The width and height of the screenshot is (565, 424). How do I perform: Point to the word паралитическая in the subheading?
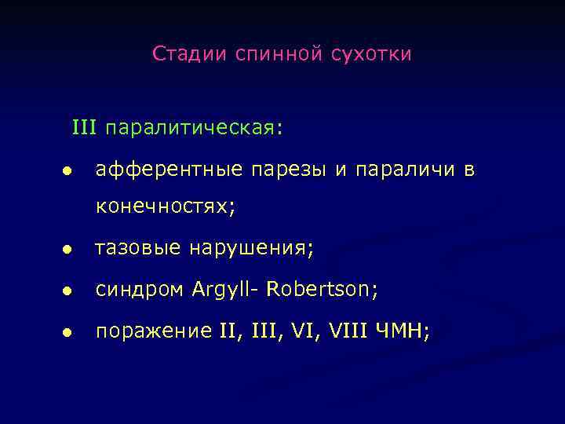click(x=193, y=127)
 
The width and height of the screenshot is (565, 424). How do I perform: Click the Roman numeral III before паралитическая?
click(x=85, y=126)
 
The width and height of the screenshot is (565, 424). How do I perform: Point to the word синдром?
click(x=137, y=291)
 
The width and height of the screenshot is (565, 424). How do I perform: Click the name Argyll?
click(x=224, y=291)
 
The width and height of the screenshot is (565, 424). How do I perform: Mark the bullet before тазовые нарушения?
click(x=68, y=250)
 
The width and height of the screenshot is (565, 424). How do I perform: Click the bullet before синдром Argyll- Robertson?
click(x=68, y=291)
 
